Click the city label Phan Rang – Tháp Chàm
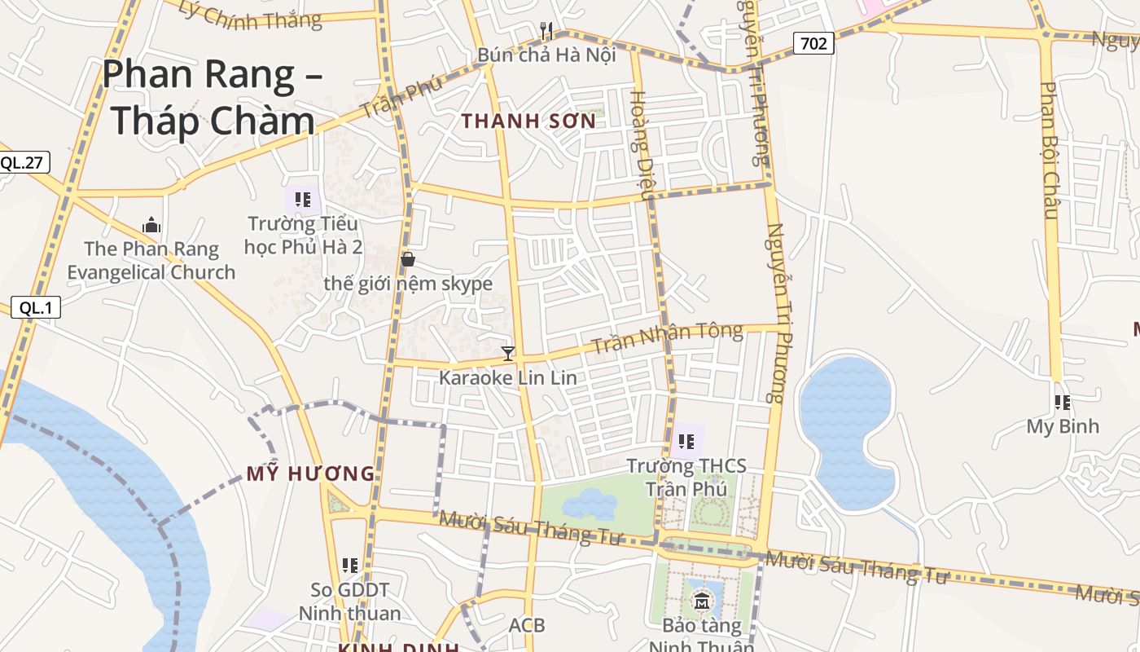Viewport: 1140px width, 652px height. [x=212, y=97]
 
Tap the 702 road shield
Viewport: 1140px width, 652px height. [x=813, y=43]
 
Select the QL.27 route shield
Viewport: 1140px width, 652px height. [x=22, y=162]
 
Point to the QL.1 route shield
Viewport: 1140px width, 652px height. [x=36, y=307]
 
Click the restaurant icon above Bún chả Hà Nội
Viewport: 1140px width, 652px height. [x=546, y=31]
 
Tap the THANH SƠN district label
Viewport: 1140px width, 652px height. [x=529, y=121]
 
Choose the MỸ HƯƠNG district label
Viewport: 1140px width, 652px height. [x=310, y=474]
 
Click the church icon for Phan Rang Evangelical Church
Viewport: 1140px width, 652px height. [x=151, y=225]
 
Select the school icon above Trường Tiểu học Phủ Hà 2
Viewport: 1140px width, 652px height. [x=303, y=199]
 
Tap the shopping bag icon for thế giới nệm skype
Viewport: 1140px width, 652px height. [x=408, y=259]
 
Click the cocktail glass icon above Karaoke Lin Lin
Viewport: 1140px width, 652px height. [x=508, y=353]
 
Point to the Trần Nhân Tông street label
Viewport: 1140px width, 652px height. [x=667, y=338]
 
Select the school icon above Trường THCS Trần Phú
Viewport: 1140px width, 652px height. [x=686, y=442]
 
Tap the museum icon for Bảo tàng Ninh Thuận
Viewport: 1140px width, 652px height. [x=702, y=603]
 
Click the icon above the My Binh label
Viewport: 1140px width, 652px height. [x=1062, y=402]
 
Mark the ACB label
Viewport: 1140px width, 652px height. [x=527, y=626]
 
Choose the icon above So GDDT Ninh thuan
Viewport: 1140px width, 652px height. [x=350, y=565]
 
